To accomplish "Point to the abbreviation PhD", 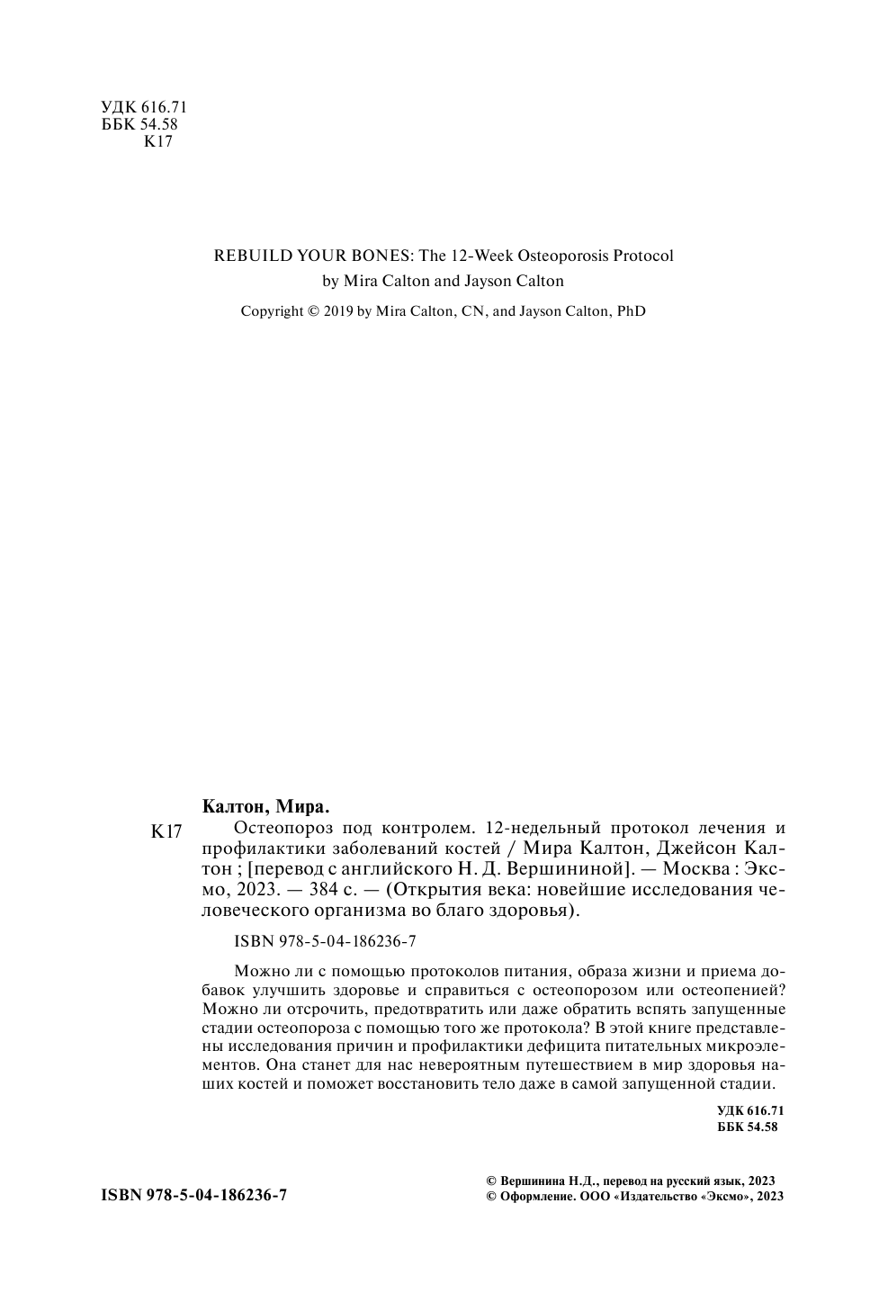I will (631, 311).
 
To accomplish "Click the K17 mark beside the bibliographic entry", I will (166, 832).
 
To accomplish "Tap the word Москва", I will (684, 869).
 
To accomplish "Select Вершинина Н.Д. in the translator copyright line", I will (546, 1181).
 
